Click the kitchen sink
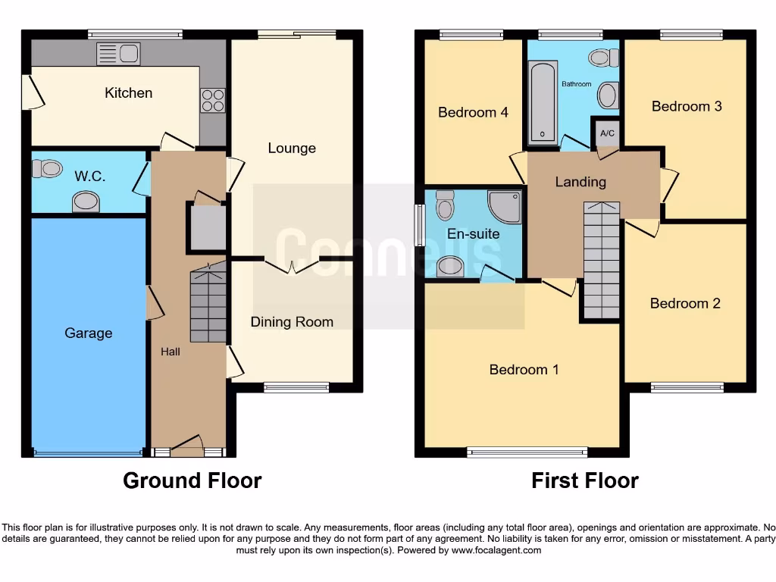click(x=118, y=54)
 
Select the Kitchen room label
click(x=128, y=92)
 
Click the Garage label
click(x=88, y=333)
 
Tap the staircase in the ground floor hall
click(x=208, y=303)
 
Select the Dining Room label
click(x=292, y=322)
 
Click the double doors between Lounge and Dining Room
click(x=293, y=265)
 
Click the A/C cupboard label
click(x=607, y=134)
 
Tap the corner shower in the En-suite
click(x=504, y=206)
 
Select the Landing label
click(x=580, y=182)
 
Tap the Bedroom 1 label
click(x=524, y=370)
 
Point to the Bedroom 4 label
click(x=473, y=112)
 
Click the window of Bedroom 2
click(x=687, y=388)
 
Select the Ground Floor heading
click(x=192, y=480)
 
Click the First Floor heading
click(x=584, y=480)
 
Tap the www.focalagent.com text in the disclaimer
click(x=496, y=550)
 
